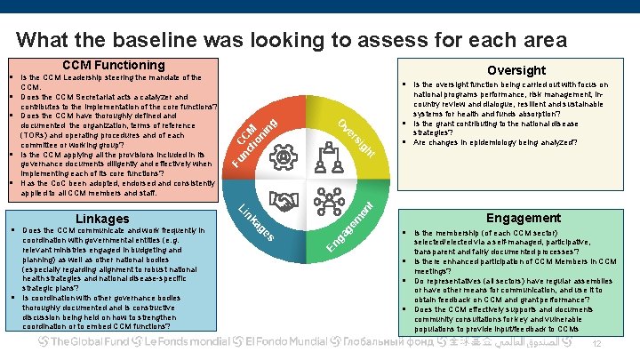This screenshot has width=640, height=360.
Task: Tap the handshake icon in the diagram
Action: (285, 204)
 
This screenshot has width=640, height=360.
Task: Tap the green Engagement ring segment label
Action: (356, 228)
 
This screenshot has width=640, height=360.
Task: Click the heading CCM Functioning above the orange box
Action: (113, 66)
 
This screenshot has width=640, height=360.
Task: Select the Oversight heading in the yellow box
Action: (516, 70)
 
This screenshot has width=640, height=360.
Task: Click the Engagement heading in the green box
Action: (523, 218)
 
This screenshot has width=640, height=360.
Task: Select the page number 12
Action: (597, 344)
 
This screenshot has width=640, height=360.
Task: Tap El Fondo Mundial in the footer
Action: (286, 342)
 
